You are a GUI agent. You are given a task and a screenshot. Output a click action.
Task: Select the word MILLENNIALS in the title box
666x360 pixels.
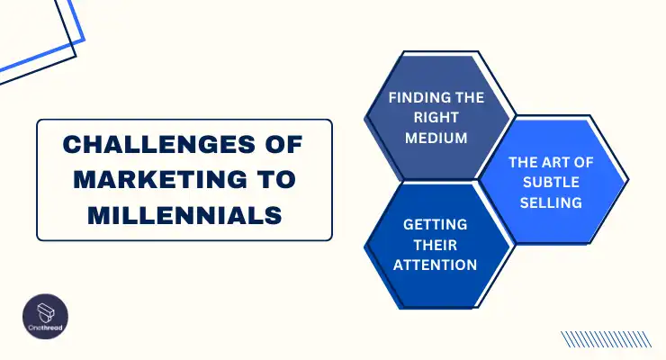pos(184,216)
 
